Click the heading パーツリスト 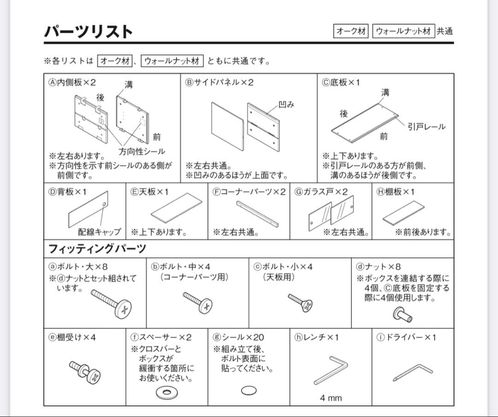[89, 31]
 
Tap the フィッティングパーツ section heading [97, 249]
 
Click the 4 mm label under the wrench [331, 398]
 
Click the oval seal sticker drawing [249, 390]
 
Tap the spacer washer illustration [167, 393]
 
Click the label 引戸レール [427, 127]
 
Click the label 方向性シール [142, 151]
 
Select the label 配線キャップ [99, 232]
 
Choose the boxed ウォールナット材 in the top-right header [403, 31]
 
